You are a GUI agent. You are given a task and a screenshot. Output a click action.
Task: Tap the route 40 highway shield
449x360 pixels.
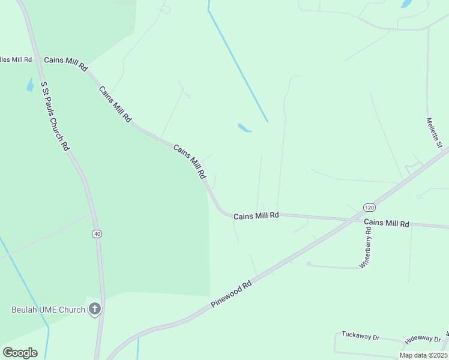coord(97,233)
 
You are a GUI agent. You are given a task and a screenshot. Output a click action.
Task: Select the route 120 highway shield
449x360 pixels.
coord(369,207)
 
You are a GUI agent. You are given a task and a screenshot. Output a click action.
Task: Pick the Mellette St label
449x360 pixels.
coord(434,133)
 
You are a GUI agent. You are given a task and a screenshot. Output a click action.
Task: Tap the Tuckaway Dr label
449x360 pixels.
coord(361,335)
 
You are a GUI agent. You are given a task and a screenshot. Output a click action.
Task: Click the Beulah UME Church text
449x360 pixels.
coord(48,310)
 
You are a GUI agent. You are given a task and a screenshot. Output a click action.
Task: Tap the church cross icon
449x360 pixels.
coord(94,310)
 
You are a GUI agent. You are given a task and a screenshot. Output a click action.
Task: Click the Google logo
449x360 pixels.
coord(20,353)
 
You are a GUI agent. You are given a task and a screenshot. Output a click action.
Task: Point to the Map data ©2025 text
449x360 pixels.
coord(423,355)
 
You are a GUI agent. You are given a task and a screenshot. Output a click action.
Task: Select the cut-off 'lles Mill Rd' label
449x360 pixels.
coord(16,60)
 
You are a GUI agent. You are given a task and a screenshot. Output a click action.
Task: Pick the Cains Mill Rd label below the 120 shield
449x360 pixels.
coord(387,223)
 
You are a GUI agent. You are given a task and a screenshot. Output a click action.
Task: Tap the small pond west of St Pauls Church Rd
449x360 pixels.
coord(30,85)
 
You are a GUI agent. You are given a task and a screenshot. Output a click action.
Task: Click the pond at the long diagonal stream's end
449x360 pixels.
coord(244,128)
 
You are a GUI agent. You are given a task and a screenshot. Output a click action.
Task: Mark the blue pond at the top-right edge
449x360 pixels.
coord(406,4)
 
